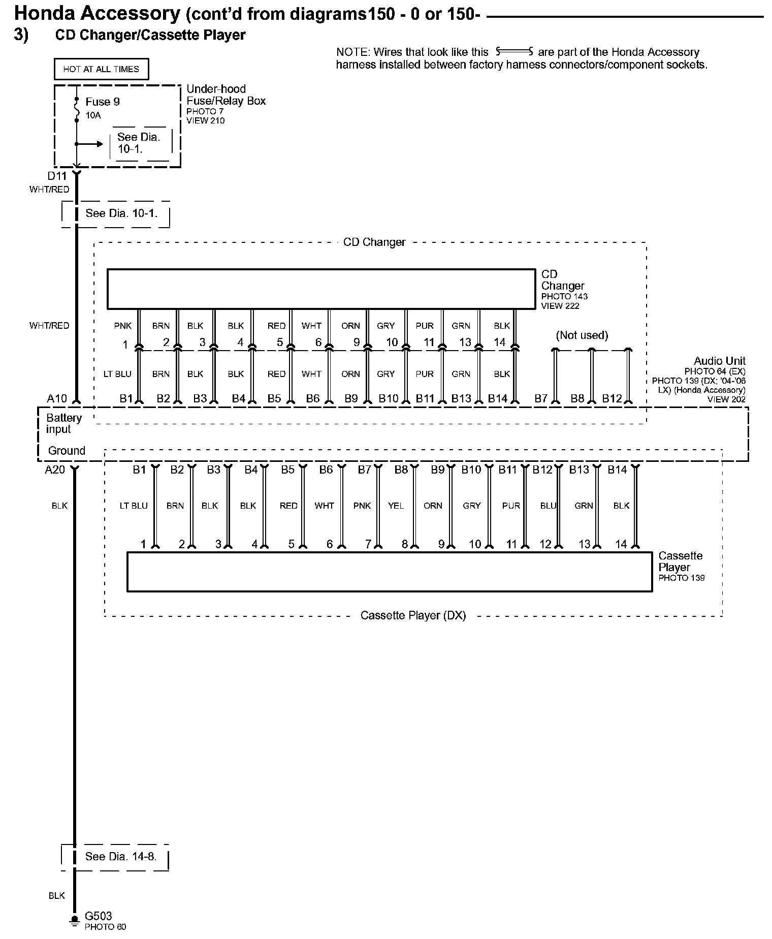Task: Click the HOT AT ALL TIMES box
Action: (x=101, y=69)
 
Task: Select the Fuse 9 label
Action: (x=103, y=102)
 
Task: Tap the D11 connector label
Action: (x=57, y=176)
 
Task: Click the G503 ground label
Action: (x=98, y=916)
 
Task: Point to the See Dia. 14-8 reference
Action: (x=120, y=856)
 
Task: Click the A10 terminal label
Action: (x=57, y=398)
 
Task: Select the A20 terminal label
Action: (x=55, y=469)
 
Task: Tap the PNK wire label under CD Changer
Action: (x=123, y=326)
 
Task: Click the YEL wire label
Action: (x=396, y=506)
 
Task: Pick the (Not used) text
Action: (x=582, y=335)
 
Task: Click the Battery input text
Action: (x=63, y=423)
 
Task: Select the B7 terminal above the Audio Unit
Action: (x=540, y=398)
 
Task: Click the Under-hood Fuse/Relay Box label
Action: (x=226, y=95)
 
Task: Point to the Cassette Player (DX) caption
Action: (x=413, y=615)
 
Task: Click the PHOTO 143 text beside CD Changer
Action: (x=564, y=296)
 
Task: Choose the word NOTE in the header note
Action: (x=352, y=52)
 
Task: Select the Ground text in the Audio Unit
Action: (x=67, y=451)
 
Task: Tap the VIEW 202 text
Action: (x=726, y=399)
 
